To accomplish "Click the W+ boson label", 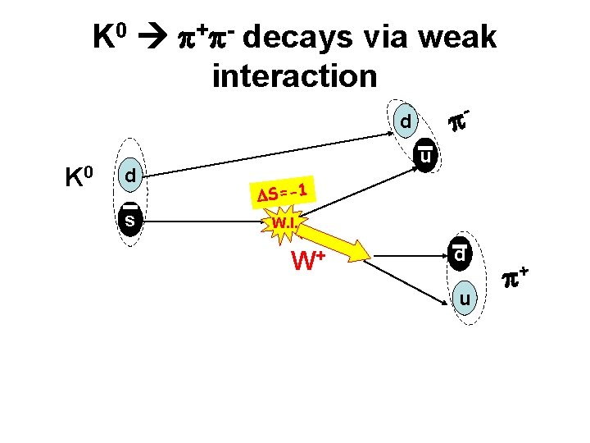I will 308,262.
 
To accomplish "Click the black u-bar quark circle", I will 426,155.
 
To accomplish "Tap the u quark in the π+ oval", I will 465,301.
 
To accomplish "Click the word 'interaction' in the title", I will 294,76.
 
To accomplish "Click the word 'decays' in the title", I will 299,38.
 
